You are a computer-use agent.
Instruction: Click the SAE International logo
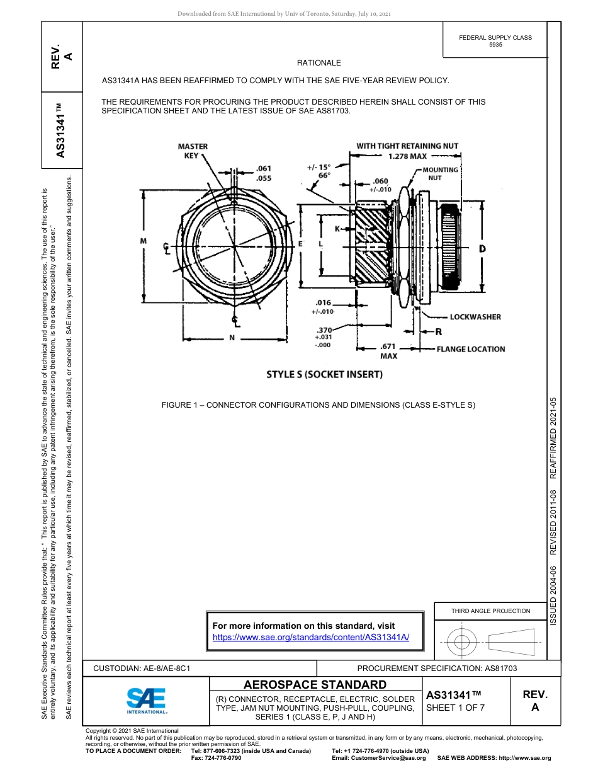[x=147, y=699]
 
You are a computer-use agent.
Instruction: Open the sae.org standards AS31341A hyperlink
[x=311, y=637]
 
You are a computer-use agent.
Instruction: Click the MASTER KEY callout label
[x=193, y=151]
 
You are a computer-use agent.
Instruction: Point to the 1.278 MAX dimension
[x=407, y=156]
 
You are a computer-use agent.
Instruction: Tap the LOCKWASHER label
[x=475, y=317]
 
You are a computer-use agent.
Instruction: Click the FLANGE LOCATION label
[x=470, y=349]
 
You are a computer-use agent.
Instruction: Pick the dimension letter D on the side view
[x=482, y=249]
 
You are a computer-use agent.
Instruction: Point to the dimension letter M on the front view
[x=144, y=241]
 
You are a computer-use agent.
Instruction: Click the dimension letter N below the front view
[x=232, y=337]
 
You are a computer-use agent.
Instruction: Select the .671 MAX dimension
[x=388, y=351]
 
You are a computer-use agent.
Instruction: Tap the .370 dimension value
[x=324, y=330]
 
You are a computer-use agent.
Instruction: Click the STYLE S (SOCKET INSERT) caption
[x=324, y=374]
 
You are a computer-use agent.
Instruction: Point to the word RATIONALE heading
[x=319, y=63]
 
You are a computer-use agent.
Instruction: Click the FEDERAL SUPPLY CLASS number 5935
[x=495, y=45]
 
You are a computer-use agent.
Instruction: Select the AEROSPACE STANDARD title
[x=315, y=685]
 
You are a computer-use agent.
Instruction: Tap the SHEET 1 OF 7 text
[x=455, y=708]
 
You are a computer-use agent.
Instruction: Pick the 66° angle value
[x=324, y=176]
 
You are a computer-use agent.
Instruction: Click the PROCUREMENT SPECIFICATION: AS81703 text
[x=437, y=668]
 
